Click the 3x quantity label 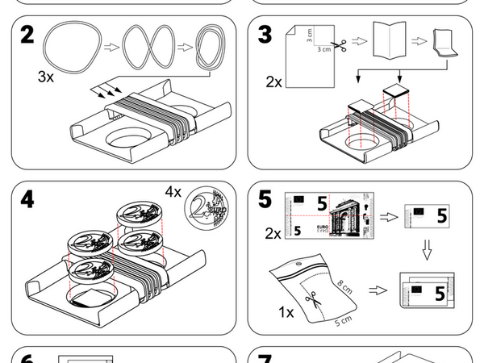click(x=46, y=77)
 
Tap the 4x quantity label click(x=173, y=192)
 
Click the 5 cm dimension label click(x=343, y=320)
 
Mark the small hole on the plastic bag click(x=301, y=262)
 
